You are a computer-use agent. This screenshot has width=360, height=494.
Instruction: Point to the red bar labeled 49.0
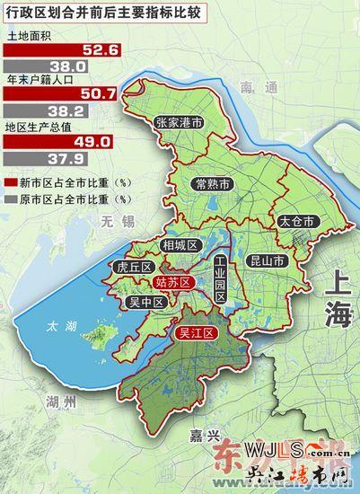point(59,142)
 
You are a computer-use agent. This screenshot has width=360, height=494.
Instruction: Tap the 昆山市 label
point(266,262)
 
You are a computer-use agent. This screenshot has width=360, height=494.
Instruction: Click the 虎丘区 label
point(135,267)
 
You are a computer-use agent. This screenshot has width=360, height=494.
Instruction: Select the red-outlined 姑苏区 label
point(173,283)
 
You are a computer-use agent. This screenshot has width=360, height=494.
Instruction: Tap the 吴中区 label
point(146,303)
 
